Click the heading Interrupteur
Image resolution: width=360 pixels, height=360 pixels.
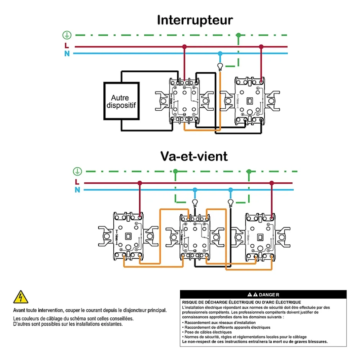[x=195, y=20]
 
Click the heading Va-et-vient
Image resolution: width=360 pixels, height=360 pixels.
[x=194, y=156]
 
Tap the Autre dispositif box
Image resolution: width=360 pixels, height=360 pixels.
[x=120, y=101]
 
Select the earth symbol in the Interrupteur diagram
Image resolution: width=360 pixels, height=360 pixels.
[x=67, y=35]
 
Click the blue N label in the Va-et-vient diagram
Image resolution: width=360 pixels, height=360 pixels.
[x=77, y=190]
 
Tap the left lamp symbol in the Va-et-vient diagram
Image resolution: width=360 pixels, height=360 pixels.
[x=195, y=202]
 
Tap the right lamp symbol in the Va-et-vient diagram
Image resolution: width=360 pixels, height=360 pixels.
[x=231, y=202]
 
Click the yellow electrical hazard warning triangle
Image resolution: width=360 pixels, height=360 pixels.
[x=20, y=297]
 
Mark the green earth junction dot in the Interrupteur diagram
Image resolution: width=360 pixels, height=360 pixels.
[x=239, y=35]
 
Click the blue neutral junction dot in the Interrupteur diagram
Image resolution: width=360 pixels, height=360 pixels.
[x=220, y=53]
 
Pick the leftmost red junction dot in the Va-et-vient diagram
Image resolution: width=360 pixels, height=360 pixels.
[x=140, y=183]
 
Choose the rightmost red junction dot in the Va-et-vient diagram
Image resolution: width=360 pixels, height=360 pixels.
[x=272, y=183]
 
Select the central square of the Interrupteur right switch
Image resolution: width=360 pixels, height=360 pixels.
[x=248, y=101]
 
